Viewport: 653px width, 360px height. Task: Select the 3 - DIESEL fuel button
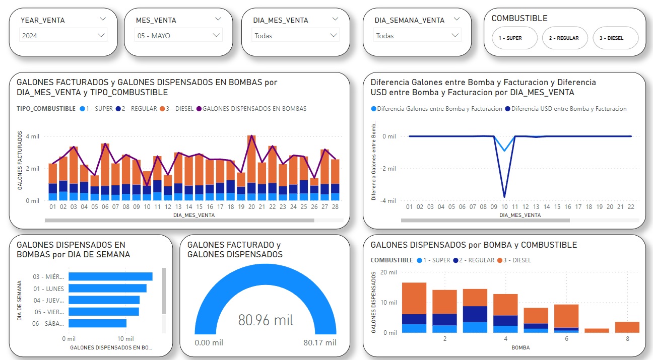pyautogui.click(x=616, y=38)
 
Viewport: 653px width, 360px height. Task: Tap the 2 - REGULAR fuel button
pyautogui.click(x=564, y=38)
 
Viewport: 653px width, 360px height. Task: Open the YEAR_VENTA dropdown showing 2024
pyautogui.click(x=63, y=36)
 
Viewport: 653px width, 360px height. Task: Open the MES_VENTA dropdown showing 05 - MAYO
pyautogui.click(x=179, y=36)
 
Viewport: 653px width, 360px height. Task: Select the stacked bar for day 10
pyautogui.click(x=147, y=186)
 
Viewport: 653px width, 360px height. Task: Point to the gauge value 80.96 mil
pyautogui.click(x=266, y=320)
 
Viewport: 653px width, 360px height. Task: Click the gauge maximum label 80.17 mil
pyautogui.click(x=320, y=343)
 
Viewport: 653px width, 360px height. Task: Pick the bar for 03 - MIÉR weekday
pyautogui.click(x=110, y=276)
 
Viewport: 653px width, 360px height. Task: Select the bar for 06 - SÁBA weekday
pyautogui.click(x=97, y=323)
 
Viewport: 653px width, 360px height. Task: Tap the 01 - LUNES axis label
pyautogui.click(x=48, y=289)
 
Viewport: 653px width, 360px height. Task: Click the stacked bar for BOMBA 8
pyautogui.click(x=627, y=327)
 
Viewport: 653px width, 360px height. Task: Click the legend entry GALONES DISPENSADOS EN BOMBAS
pyautogui.click(x=254, y=109)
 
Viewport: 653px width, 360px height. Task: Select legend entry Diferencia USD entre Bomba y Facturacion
pyautogui.click(x=568, y=109)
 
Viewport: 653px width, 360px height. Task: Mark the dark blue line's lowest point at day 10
pyautogui.click(x=504, y=197)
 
